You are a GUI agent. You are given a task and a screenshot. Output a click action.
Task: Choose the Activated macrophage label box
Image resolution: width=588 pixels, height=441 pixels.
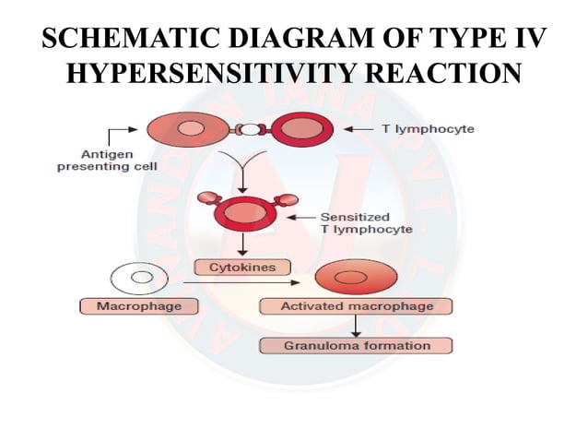pos(357,306)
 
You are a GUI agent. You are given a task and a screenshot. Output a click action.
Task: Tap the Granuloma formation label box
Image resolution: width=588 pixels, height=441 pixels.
pos(357,346)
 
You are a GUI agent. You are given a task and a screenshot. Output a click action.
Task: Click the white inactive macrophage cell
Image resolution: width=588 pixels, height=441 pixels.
pos(138,276)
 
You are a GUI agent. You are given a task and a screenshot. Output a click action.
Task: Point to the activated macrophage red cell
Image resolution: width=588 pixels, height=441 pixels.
pos(356,276)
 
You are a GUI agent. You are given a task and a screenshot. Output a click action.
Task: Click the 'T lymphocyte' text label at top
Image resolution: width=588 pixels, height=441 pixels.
pos(429,129)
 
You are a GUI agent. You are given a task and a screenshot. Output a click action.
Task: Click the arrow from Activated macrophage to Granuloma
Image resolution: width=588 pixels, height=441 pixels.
pos(356,325)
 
